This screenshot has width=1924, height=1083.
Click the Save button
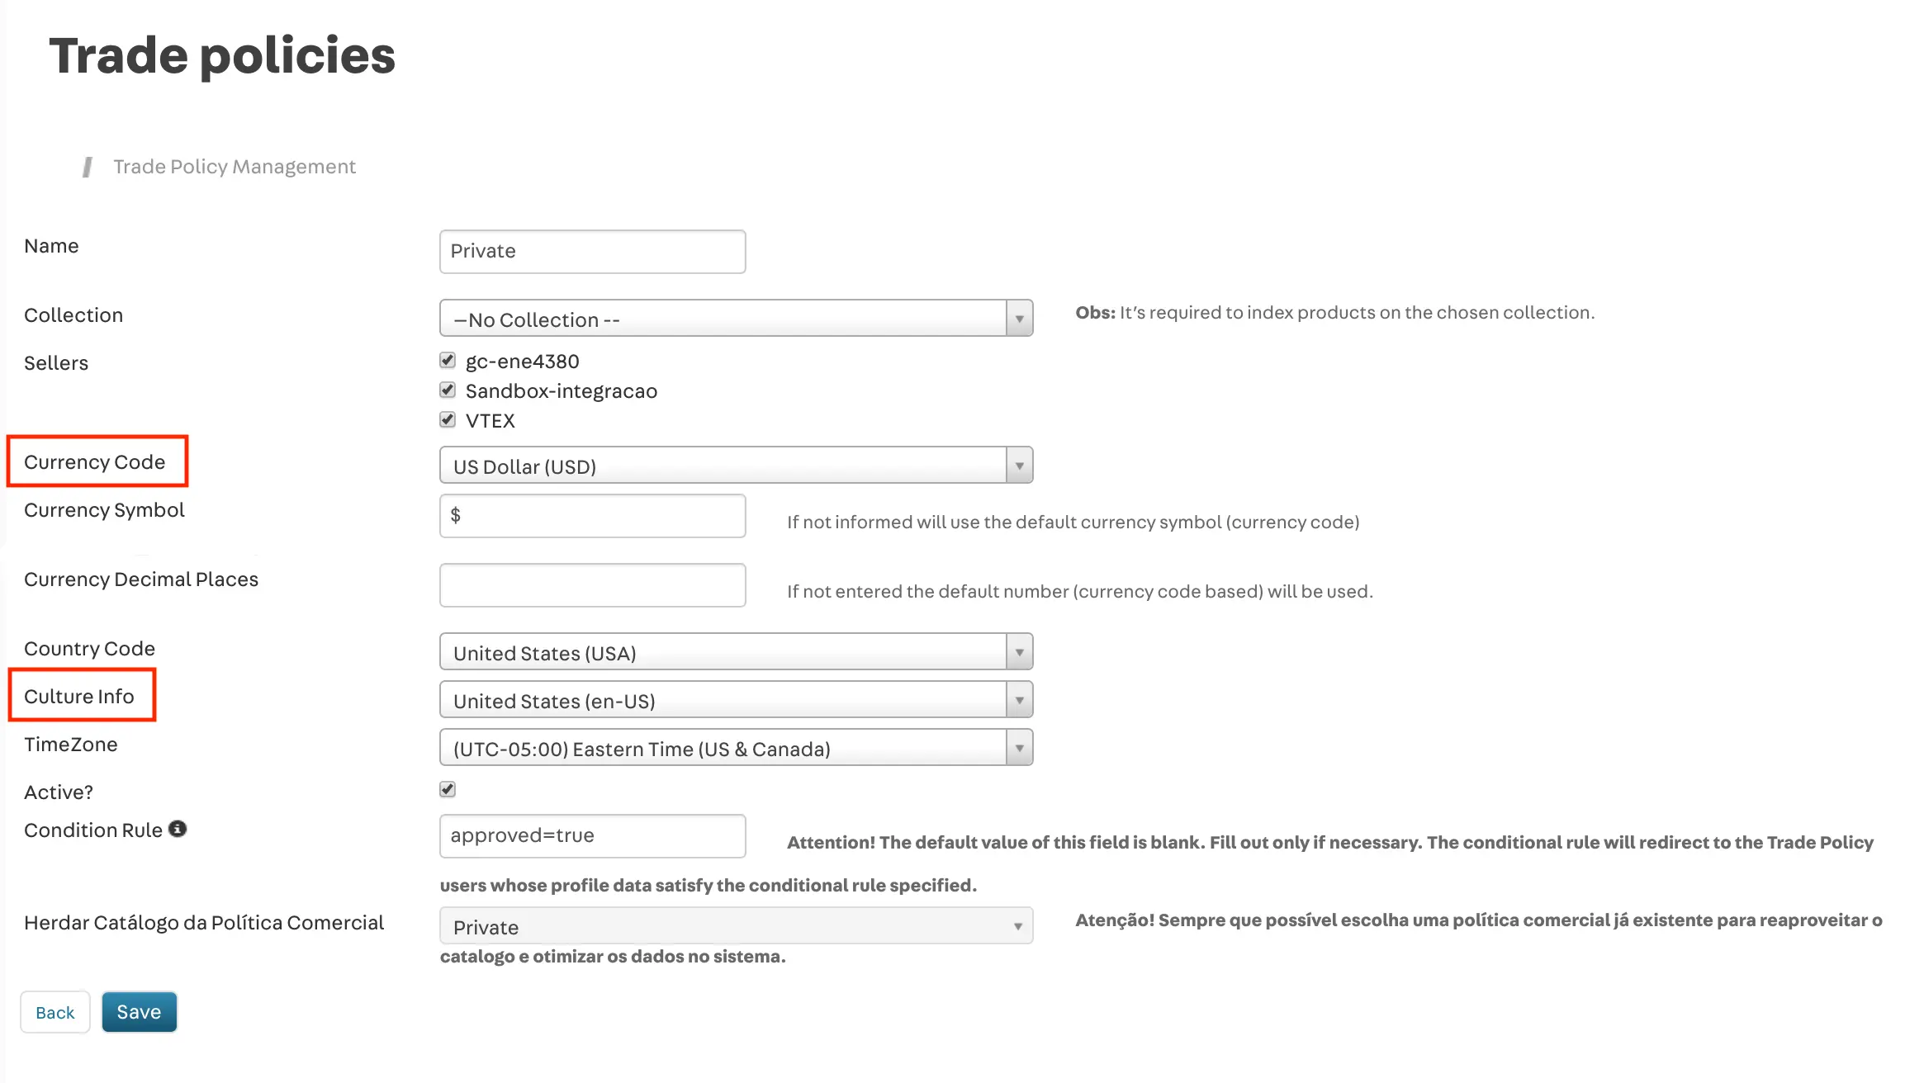pyautogui.click(x=139, y=1012)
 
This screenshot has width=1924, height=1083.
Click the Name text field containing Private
pyautogui.click(x=592, y=252)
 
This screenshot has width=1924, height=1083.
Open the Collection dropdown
pyautogui.click(x=736, y=319)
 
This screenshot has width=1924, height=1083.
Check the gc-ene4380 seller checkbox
pyautogui.click(x=448, y=361)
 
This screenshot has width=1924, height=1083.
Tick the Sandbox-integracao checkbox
pyautogui.click(x=448, y=390)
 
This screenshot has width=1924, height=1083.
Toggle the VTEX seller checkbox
pyautogui.click(x=448, y=420)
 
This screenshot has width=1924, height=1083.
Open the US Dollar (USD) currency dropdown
pyautogui.click(x=736, y=466)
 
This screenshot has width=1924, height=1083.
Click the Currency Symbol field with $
pyautogui.click(x=592, y=516)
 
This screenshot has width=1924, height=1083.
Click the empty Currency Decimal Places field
pyautogui.click(x=592, y=585)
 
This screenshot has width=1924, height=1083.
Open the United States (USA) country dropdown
pyautogui.click(x=736, y=652)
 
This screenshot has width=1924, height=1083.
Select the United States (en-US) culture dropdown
pyautogui.click(x=736, y=700)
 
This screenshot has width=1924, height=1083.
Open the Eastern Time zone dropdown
pyautogui.click(x=736, y=748)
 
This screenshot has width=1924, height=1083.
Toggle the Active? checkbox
pyautogui.click(x=448, y=790)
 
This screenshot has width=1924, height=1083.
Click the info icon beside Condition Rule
pyautogui.click(x=178, y=829)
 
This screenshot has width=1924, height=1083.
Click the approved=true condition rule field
pyautogui.click(x=592, y=836)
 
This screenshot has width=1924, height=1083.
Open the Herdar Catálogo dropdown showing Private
pyautogui.click(x=736, y=926)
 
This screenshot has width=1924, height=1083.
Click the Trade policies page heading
pyautogui.click(x=222, y=56)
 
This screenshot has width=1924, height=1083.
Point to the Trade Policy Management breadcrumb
pyautogui.click(x=235, y=167)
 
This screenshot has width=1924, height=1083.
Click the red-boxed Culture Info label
pyautogui.click(x=79, y=697)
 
